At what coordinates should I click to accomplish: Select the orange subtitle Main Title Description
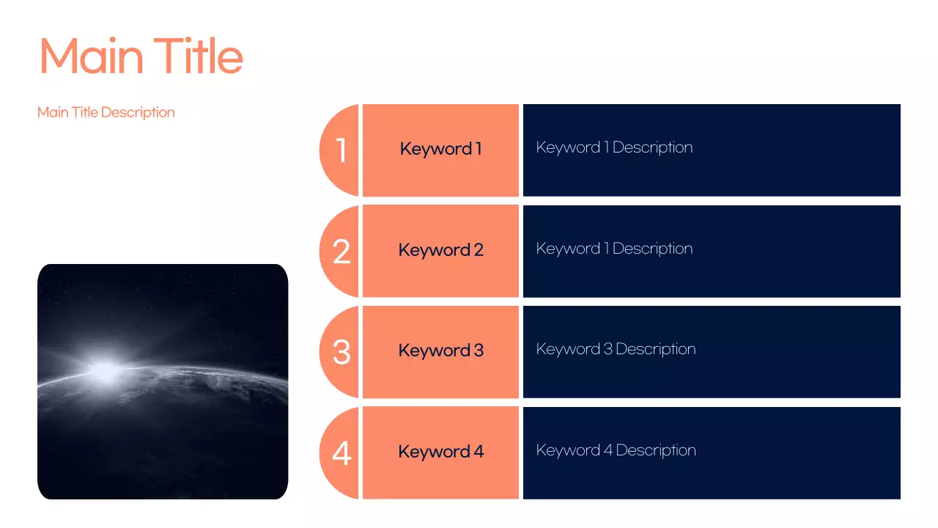tap(106, 112)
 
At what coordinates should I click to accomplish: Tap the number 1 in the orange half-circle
tap(341, 150)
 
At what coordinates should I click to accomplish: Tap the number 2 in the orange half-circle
tap(341, 252)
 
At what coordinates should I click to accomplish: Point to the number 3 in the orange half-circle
tap(341, 352)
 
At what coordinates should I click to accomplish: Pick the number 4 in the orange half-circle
tap(341, 453)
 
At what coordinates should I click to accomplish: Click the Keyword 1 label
tap(440, 149)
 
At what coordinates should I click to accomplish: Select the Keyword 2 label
tap(440, 250)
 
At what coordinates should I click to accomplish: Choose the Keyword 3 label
tap(440, 351)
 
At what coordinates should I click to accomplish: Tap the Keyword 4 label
tap(440, 452)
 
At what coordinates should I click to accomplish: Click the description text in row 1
tap(614, 147)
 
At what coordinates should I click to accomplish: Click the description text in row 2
tap(614, 249)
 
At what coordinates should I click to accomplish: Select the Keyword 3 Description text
tap(616, 349)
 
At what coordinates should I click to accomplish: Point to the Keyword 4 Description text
tap(616, 450)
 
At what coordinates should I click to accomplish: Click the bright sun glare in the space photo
tap(105, 370)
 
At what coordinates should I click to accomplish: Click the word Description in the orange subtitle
tap(138, 112)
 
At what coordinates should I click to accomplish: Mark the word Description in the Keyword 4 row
tap(656, 450)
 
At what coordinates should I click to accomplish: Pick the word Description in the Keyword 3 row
tap(656, 349)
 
